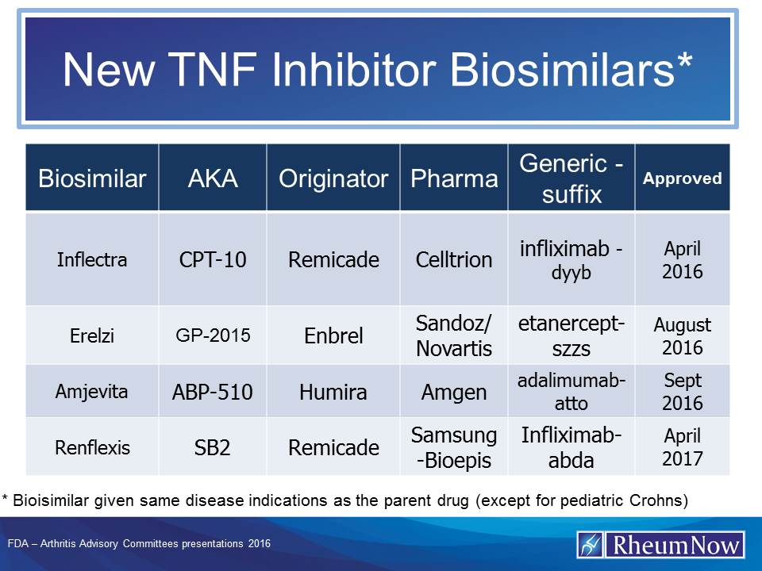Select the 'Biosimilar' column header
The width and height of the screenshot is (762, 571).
[x=92, y=178]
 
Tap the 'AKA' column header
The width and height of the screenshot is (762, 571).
[x=213, y=178]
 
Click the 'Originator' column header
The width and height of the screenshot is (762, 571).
[x=333, y=178]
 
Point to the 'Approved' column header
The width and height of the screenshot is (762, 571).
[x=683, y=178]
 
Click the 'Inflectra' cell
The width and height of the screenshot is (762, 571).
[x=92, y=259]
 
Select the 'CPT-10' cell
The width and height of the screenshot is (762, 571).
[x=213, y=259]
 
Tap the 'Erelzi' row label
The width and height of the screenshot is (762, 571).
[x=92, y=335]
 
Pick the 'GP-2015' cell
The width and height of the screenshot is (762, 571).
[x=213, y=335]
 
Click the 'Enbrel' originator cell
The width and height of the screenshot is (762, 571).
[x=333, y=335]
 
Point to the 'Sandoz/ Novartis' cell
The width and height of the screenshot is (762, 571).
[x=454, y=335]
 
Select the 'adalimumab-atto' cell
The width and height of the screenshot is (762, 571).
[x=571, y=392]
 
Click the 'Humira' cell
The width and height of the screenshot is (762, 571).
[x=333, y=392]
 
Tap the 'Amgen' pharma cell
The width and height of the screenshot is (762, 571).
[x=454, y=392]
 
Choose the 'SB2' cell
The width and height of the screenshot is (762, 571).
[x=213, y=447]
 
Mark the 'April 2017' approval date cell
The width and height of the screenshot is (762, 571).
[x=683, y=447]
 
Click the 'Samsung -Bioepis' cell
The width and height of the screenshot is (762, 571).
[x=454, y=447]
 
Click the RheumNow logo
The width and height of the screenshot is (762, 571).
[x=660, y=545]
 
